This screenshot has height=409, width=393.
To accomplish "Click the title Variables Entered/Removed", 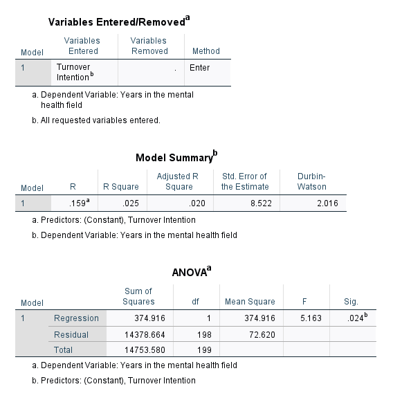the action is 117,23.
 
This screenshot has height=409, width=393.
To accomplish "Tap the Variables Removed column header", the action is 149,46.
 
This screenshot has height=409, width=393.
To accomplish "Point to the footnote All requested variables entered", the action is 100,120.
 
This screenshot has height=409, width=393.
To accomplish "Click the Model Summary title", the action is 176,157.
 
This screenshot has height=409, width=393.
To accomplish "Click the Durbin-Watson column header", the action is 311,181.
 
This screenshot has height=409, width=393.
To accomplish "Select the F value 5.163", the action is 304,318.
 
